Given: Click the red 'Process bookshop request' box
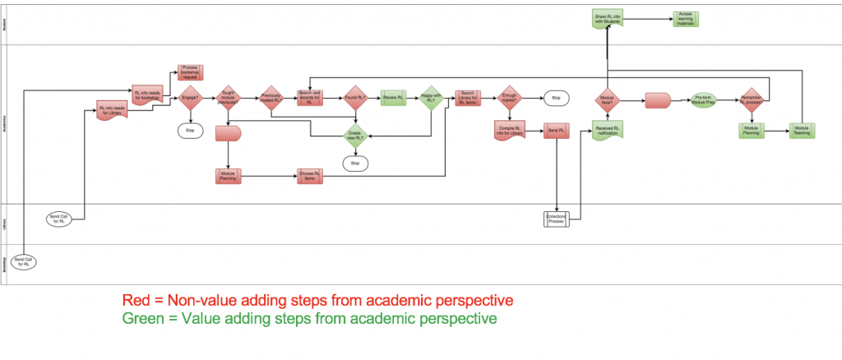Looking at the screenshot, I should [x=190, y=72].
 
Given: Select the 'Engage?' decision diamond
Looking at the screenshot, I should [x=190, y=99].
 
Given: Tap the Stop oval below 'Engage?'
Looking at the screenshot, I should [x=190, y=130].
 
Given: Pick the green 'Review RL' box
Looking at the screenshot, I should [x=393, y=99].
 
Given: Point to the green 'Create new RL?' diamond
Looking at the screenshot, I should [x=355, y=135].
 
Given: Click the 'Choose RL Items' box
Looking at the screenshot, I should [x=310, y=177].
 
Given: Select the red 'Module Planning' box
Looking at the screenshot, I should [x=228, y=177].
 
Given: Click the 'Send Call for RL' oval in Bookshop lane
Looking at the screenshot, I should [x=27, y=263].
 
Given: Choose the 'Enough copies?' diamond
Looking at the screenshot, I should [x=509, y=99].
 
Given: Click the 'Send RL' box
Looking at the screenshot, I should [x=555, y=132].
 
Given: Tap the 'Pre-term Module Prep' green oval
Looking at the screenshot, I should [x=704, y=99].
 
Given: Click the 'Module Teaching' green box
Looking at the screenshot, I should [x=801, y=130].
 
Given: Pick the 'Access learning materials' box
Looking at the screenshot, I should [x=685, y=18].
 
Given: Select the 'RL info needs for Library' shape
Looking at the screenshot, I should [x=112, y=110].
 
